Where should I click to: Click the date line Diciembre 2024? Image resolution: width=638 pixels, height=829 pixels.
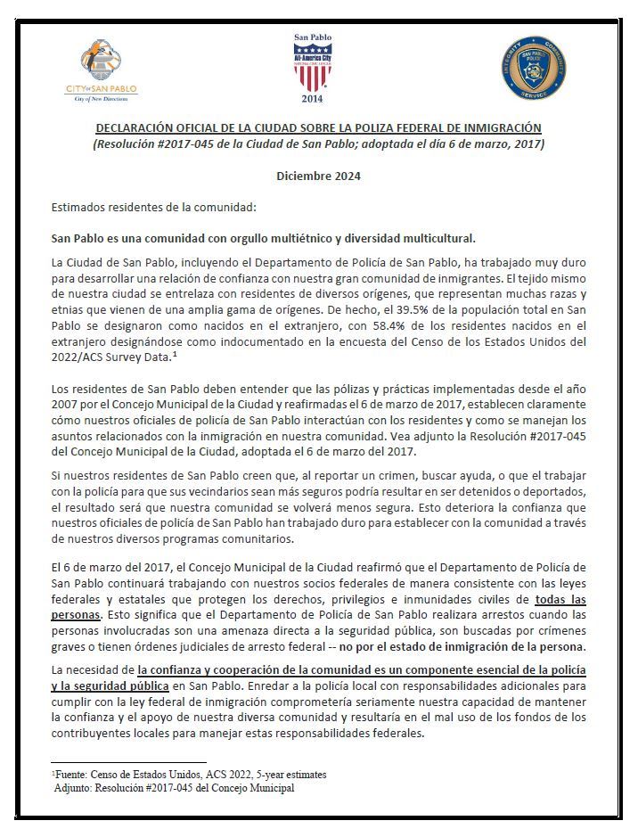pos(318,176)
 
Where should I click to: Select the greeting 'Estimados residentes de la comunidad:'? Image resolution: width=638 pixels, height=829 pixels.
pos(153,208)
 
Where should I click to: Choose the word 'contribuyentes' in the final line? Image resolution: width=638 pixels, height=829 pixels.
pos(92,733)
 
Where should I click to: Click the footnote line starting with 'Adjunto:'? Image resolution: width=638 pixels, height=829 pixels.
pos(174,787)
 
